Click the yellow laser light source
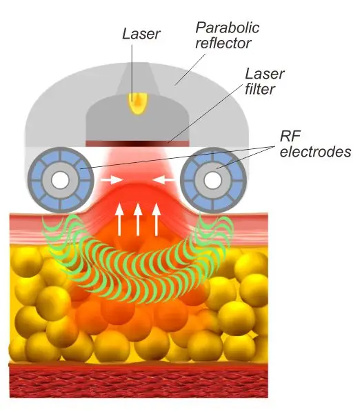coord(138,104)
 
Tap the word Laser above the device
coord(141,34)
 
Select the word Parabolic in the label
coord(228,28)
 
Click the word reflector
coord(223,43)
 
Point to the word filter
coord(260,89)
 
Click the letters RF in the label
coord(290,136)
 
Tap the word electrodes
coord(315,152)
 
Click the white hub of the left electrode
coord(60,180)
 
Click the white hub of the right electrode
coord(212,180)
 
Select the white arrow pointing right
coord(112,180)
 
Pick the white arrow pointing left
coord(163,180)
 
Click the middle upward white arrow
coord(138,219)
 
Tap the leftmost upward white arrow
coord(119,219)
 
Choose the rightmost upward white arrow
coord(157,219)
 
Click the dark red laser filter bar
coord(137,144)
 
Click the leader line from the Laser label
coord(132,72)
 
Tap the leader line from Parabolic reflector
coord(190,70)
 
